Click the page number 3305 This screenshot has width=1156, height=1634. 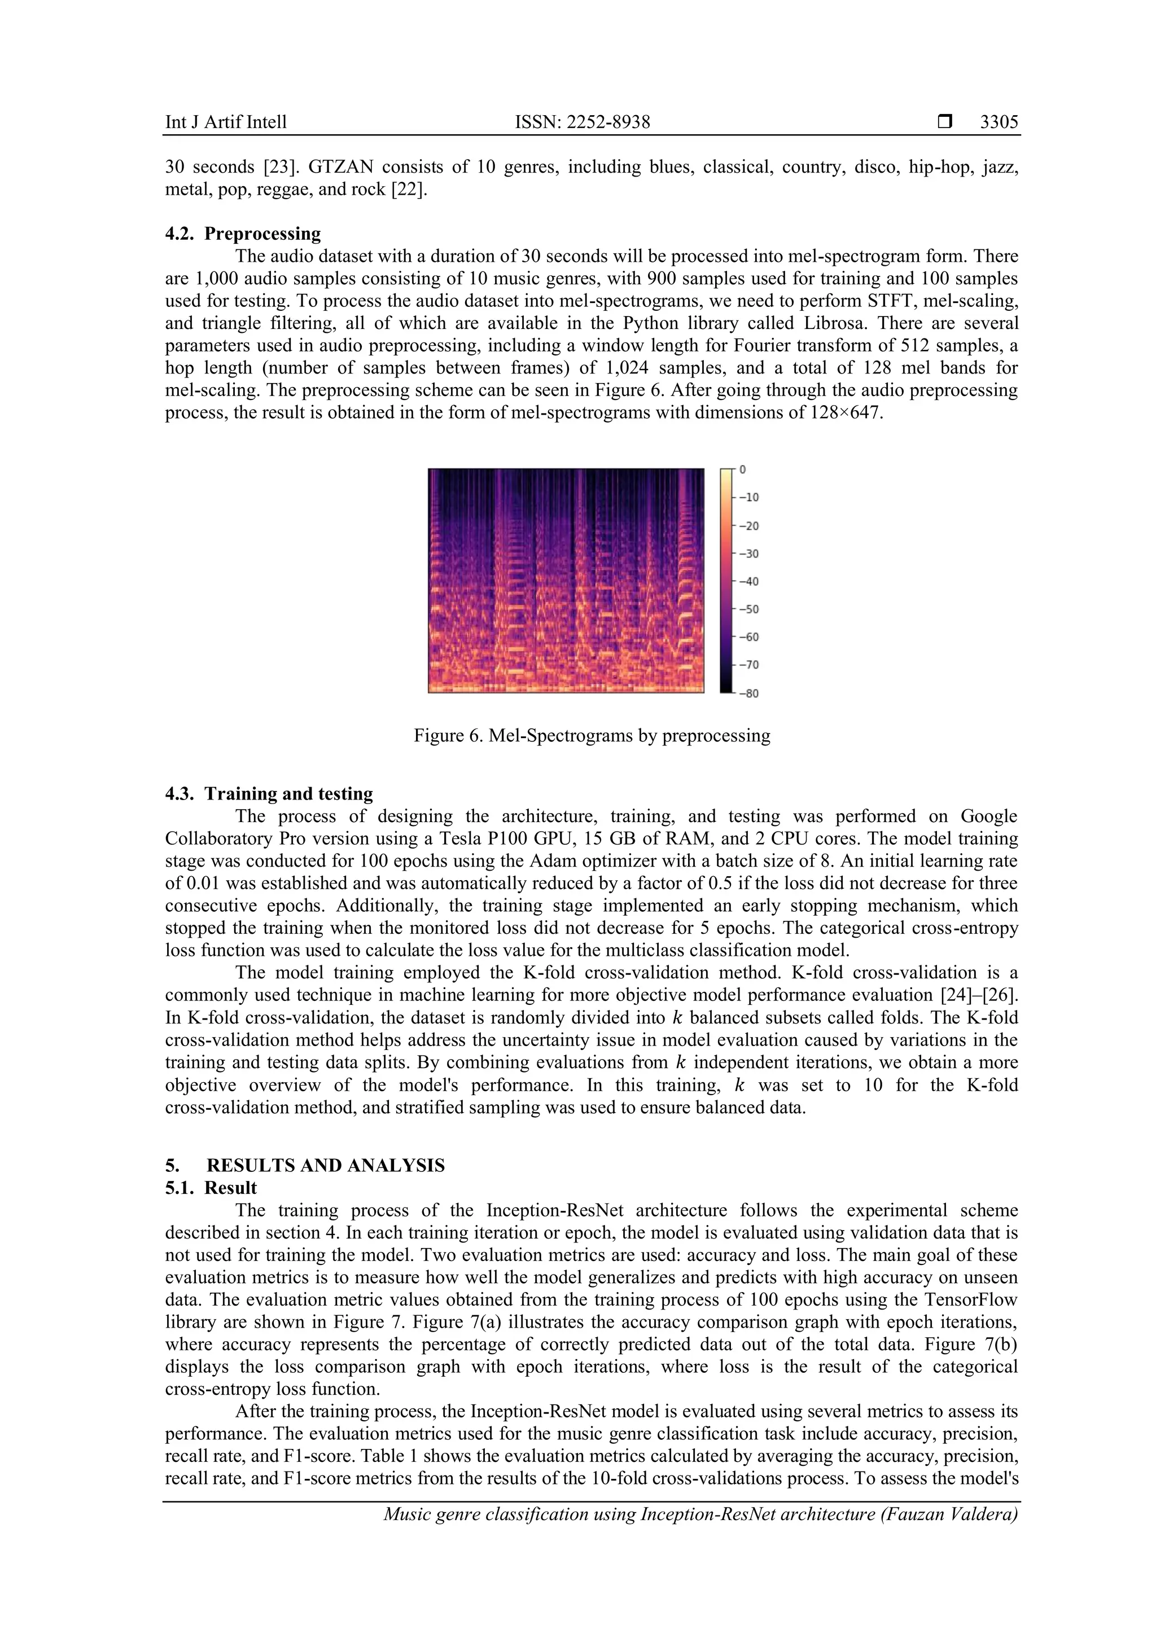point(998,122)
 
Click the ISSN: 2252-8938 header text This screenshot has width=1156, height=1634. point(583,122)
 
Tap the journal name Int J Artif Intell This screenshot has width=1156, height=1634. point(226,122)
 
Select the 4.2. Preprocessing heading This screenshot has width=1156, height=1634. point(243,234)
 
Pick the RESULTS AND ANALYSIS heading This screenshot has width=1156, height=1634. point(325,1165)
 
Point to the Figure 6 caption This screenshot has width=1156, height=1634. point(592,735)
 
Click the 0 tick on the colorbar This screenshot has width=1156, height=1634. point(742,469)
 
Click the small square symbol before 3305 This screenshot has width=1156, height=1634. point(944,122)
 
